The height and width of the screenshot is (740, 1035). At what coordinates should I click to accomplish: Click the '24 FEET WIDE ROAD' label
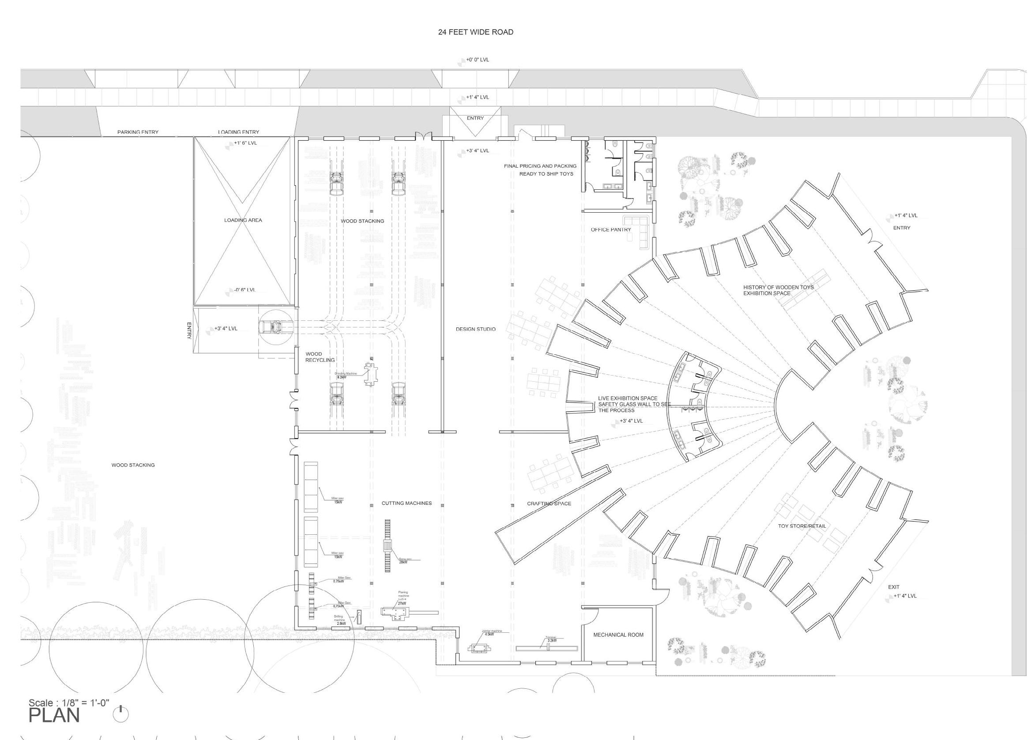coord(475,32)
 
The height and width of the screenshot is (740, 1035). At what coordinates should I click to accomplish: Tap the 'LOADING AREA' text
coord(243,220)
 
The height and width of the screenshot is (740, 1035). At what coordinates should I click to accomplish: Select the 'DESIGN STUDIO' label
coord(476,329)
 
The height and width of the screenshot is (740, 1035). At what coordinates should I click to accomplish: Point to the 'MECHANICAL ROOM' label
coord(618,635)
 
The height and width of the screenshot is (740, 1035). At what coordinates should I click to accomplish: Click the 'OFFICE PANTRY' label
coord(611,229)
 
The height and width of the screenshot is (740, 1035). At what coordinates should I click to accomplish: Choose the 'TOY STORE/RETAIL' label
coord(802,526)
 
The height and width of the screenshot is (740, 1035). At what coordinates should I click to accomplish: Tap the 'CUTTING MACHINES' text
coord(406,503)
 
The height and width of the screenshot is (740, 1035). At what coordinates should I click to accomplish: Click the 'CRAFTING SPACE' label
coord(549,503)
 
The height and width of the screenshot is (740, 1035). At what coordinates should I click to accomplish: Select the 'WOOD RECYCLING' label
coord(320,357)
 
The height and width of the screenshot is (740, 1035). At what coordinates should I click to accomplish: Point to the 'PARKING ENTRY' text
coord(138,132)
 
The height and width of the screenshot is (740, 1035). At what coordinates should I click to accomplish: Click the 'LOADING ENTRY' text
coord(238,132)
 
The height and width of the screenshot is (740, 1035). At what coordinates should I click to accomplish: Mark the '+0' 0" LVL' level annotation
coord(477,60)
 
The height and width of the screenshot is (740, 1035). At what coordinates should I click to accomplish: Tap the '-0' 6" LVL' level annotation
coord(245,290)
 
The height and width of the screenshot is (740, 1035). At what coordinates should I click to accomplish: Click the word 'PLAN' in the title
coord(54,716)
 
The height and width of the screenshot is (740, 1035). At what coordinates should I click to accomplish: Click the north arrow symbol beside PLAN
coord(121,714)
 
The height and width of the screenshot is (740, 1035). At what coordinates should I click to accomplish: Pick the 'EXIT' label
coord(894,587)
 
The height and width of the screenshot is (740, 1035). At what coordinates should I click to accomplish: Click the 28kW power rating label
coord(403,562)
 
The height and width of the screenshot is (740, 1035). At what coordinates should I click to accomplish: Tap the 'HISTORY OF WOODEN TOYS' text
coord(779,288)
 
